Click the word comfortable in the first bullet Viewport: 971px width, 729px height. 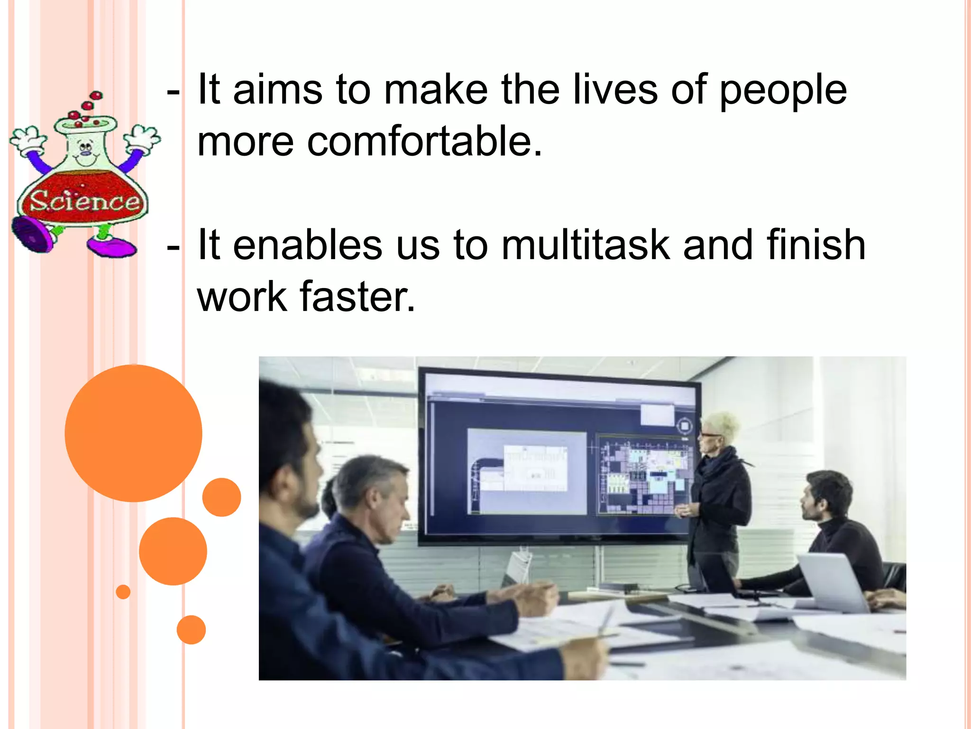[424, 141]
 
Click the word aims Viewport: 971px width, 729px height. [278, 90]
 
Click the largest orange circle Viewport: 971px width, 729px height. [133, 433]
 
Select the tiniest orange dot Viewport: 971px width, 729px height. [123, 592]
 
